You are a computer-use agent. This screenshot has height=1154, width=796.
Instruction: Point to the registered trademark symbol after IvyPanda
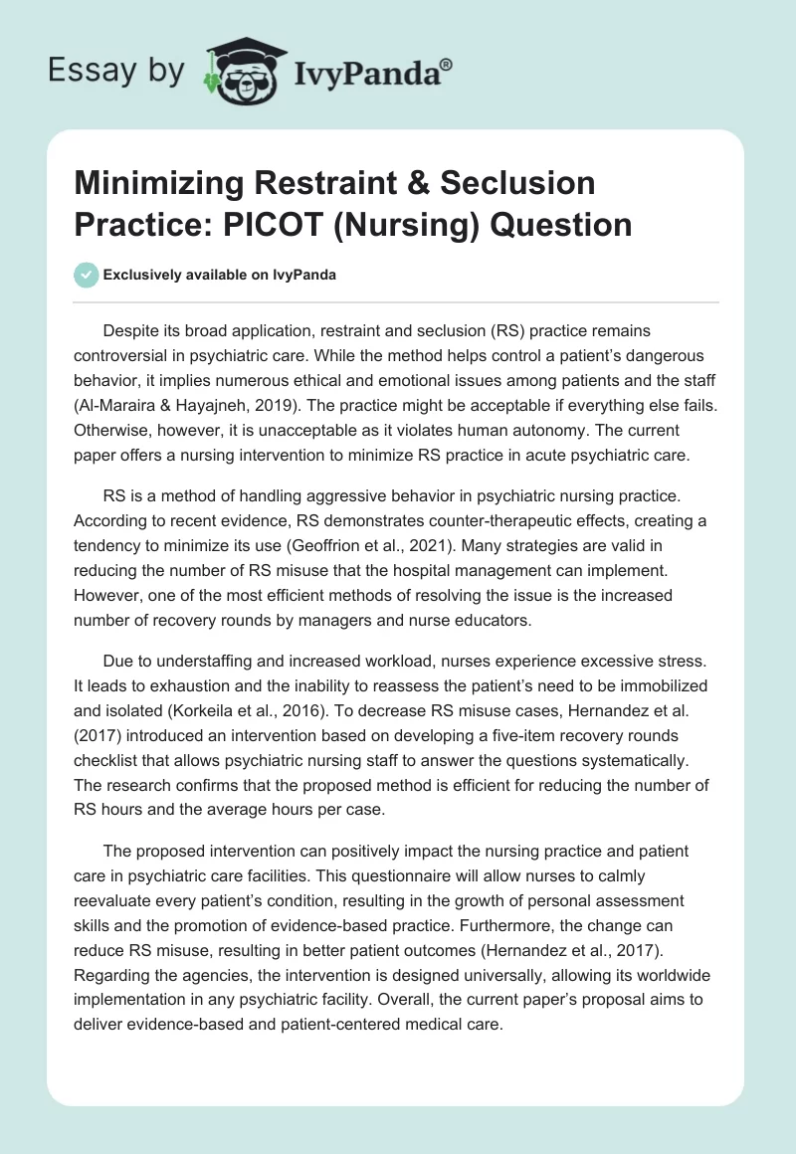point(447,63)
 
